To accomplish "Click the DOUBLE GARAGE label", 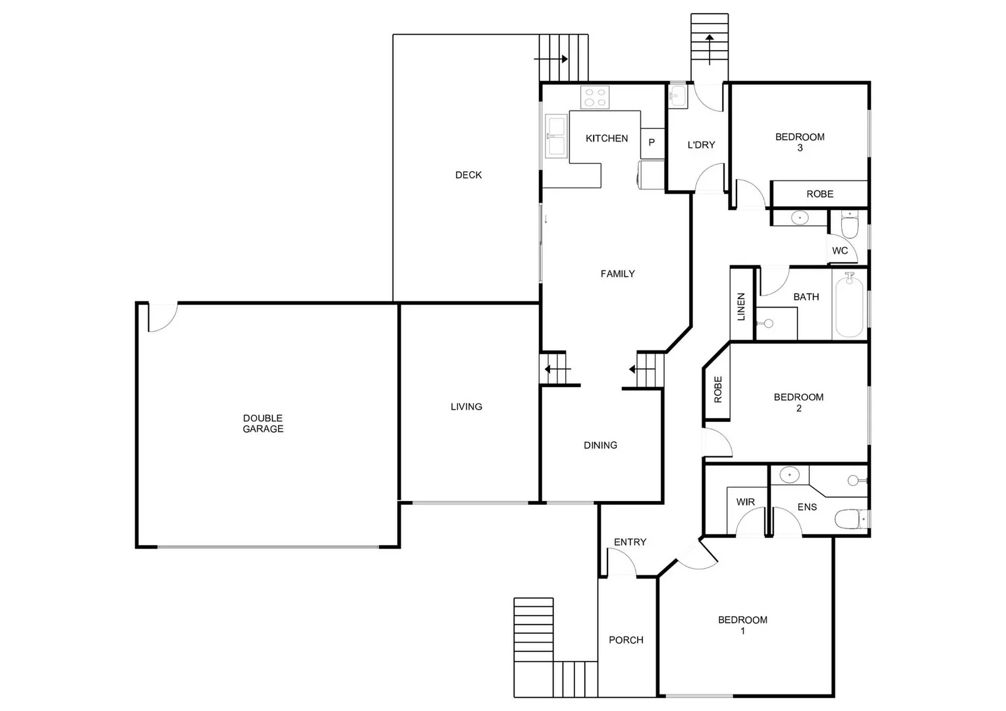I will pos(263,423).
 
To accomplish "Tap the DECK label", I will pos(468,175).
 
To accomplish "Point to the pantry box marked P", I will pos(652,142).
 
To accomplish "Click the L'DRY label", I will pos(701,145).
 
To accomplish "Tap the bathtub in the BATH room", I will pos(849,307).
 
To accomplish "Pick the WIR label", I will pos(745,502).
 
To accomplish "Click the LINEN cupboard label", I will pos(741,307).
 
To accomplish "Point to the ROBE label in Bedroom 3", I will pos(820,194).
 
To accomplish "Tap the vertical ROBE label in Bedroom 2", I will pos(718,389).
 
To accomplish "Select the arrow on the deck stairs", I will pos(551,59).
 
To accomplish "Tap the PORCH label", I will pos(626,640).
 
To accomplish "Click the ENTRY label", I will pos(630,542).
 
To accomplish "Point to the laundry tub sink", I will pos(677,97).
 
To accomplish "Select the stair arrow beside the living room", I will pos(553,369).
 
